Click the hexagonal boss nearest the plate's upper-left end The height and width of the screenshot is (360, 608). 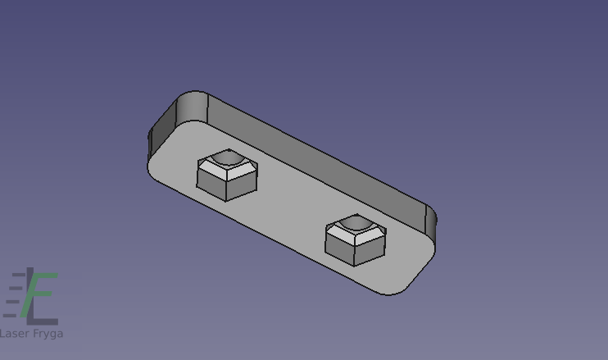pyautogui.click(x=227, y=175)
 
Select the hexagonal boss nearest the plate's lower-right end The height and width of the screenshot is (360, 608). pyautogui.click(x=355, y=239)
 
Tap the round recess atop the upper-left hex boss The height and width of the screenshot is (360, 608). pyautogui.click(x=227, y=157)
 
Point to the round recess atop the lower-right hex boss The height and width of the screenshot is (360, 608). pyautogui.click(x=355, y=222)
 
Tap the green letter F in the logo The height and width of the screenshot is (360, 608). pyautogui.click(x=38, y=295)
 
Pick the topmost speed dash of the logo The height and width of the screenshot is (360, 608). pyautogui.click(x=19, y=275)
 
